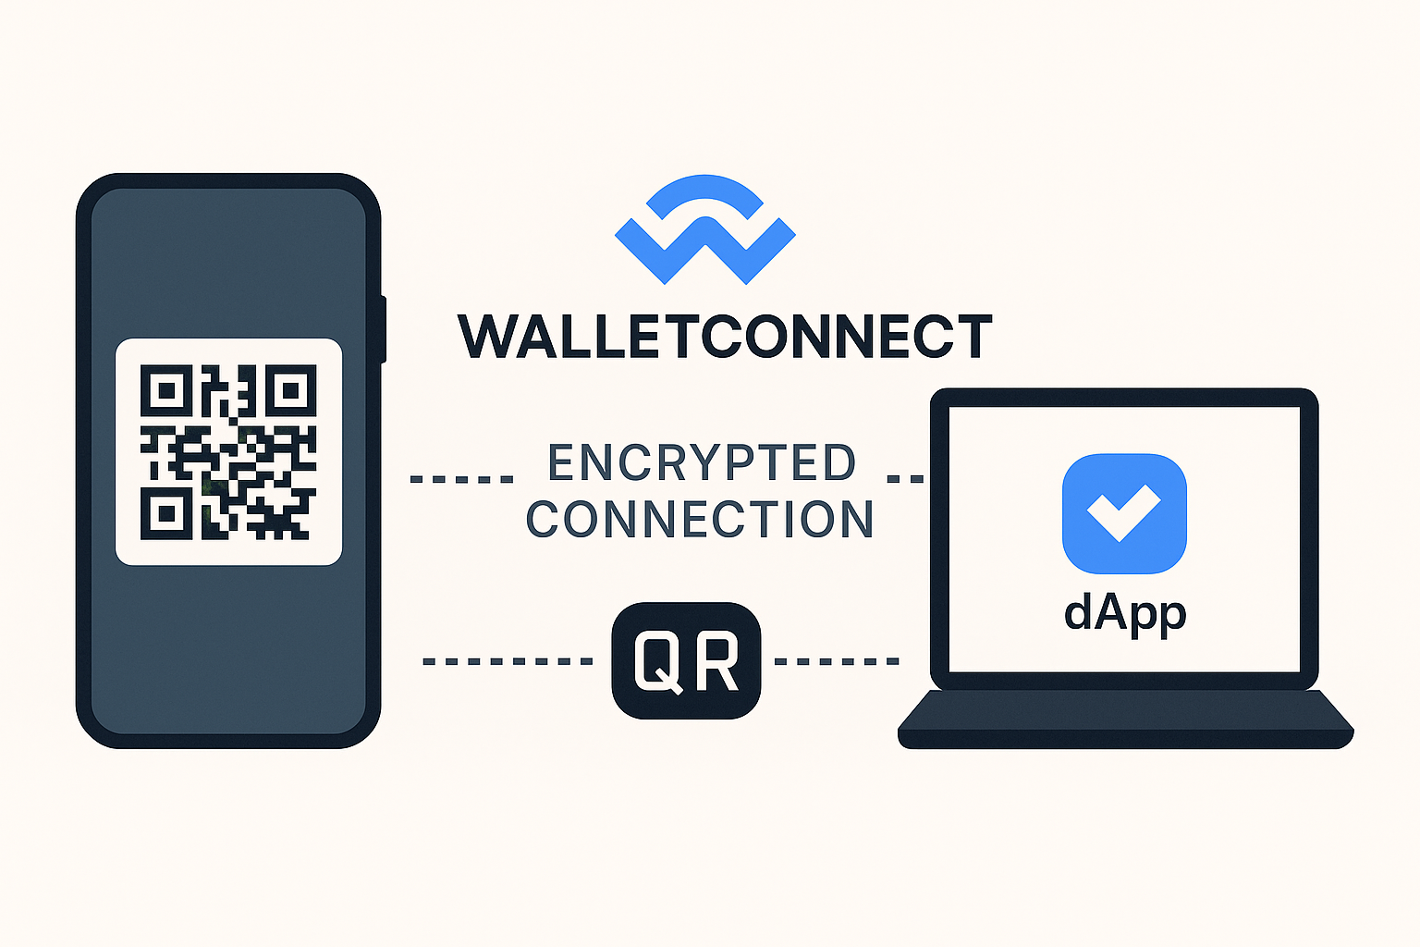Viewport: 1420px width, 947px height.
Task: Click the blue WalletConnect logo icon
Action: (704, 231)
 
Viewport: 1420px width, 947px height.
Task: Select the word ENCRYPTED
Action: (703, 462)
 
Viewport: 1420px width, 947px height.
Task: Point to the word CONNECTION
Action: (700, 520)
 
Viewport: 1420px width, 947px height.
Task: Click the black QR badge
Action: (686, 660)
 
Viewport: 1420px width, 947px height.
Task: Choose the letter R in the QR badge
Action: (717, 661)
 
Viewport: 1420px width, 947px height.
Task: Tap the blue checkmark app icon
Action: (1124, 513)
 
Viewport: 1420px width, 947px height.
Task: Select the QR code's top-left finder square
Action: (166, 391)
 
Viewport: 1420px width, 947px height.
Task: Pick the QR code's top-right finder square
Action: (291, 391)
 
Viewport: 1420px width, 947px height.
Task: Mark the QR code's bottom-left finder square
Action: (166, 514)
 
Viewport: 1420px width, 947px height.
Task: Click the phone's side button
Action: (383, 329)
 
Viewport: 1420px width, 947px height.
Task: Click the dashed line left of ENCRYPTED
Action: (461, 479)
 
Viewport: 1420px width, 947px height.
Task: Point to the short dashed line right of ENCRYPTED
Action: (905, 479)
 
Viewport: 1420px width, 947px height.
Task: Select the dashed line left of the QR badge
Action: (507, 661)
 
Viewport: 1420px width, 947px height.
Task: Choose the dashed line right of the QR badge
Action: (837, 661)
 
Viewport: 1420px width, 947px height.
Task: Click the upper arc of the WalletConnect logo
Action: (704, 189)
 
